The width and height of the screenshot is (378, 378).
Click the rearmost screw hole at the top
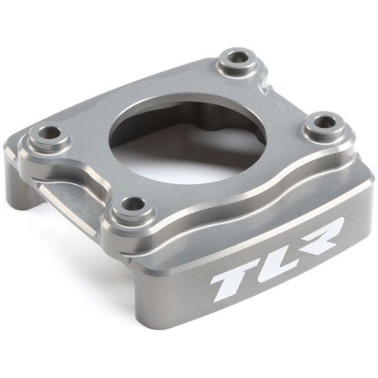coord(241,58)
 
